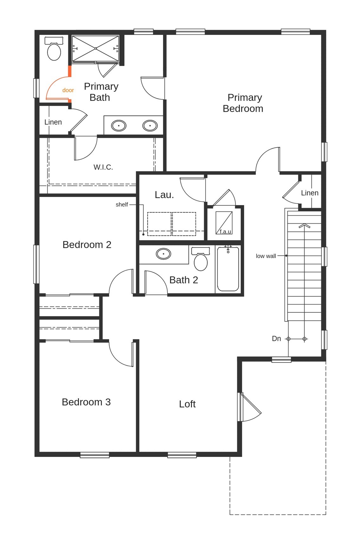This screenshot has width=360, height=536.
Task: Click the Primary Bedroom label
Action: point(243,103)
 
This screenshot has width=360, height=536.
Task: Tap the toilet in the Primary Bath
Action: point(54,49)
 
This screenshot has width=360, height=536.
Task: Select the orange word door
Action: point(68,90)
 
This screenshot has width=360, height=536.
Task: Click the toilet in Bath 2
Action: point(201,259)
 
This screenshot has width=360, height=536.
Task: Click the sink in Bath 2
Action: point(163,254)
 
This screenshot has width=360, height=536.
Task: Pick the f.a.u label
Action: point(225,231)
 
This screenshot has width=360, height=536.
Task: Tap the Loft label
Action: point(187,404)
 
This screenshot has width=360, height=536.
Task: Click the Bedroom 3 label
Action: point(86,402)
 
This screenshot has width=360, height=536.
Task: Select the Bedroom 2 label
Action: point(87,245)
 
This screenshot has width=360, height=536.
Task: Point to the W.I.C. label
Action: point(103,167)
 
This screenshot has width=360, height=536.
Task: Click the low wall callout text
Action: point(266,256)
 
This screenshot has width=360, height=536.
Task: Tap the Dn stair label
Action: point(276,339)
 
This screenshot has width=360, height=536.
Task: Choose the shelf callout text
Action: point(122,205)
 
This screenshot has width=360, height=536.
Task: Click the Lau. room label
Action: point(164,195)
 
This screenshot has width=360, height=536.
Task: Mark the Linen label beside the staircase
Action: point(310,193)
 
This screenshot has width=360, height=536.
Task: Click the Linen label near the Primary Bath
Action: point(53,122)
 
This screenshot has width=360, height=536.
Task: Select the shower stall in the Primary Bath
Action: point(95,48)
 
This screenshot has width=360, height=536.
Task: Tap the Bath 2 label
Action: point(184,280)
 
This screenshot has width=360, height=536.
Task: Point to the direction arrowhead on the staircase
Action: point(304,226)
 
